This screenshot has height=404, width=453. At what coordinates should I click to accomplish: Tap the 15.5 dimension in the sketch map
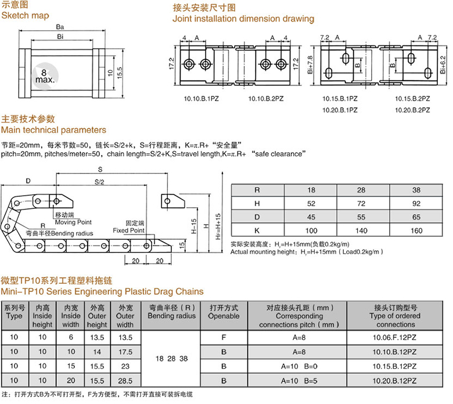(119, 73)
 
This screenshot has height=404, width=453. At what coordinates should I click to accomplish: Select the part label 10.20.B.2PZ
(412, 110)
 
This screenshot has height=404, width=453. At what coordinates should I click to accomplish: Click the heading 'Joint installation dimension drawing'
(243, 19)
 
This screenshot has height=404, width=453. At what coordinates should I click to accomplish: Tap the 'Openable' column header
(224, 316)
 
